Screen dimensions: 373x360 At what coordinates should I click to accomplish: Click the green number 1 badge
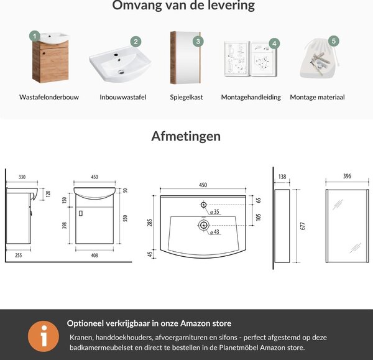[35, 36]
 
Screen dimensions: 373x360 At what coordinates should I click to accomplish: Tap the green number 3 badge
[198, 42]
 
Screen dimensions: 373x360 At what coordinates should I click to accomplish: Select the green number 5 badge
[334, 41]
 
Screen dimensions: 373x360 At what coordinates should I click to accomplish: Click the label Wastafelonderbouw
[49, 97]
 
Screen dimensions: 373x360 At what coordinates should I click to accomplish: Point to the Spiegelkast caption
[186, 98]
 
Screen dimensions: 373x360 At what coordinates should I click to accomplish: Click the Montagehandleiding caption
[251, 98]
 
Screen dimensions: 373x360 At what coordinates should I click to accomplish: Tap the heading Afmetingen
[186, 136]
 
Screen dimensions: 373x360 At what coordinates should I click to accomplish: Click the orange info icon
[44, 336]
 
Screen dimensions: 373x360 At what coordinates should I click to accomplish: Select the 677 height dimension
[303, 226]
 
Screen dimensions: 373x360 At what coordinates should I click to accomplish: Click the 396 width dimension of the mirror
[347, 176]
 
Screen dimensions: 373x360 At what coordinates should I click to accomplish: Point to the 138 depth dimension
[282, 177]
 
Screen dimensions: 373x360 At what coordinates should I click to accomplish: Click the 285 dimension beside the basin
[149, 223]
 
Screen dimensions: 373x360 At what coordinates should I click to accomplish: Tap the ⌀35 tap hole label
[214, 211]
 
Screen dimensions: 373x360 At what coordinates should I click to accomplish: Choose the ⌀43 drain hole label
[214, 232]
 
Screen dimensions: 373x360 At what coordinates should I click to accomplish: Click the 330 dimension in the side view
[22, 177]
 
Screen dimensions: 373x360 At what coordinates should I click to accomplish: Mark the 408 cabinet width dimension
[94, 256]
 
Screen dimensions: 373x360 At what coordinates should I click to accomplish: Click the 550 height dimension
[125, 218]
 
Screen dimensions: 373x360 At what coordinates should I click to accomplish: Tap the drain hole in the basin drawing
[204, 225]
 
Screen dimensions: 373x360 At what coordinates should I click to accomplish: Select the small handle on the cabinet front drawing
[81, 213]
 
